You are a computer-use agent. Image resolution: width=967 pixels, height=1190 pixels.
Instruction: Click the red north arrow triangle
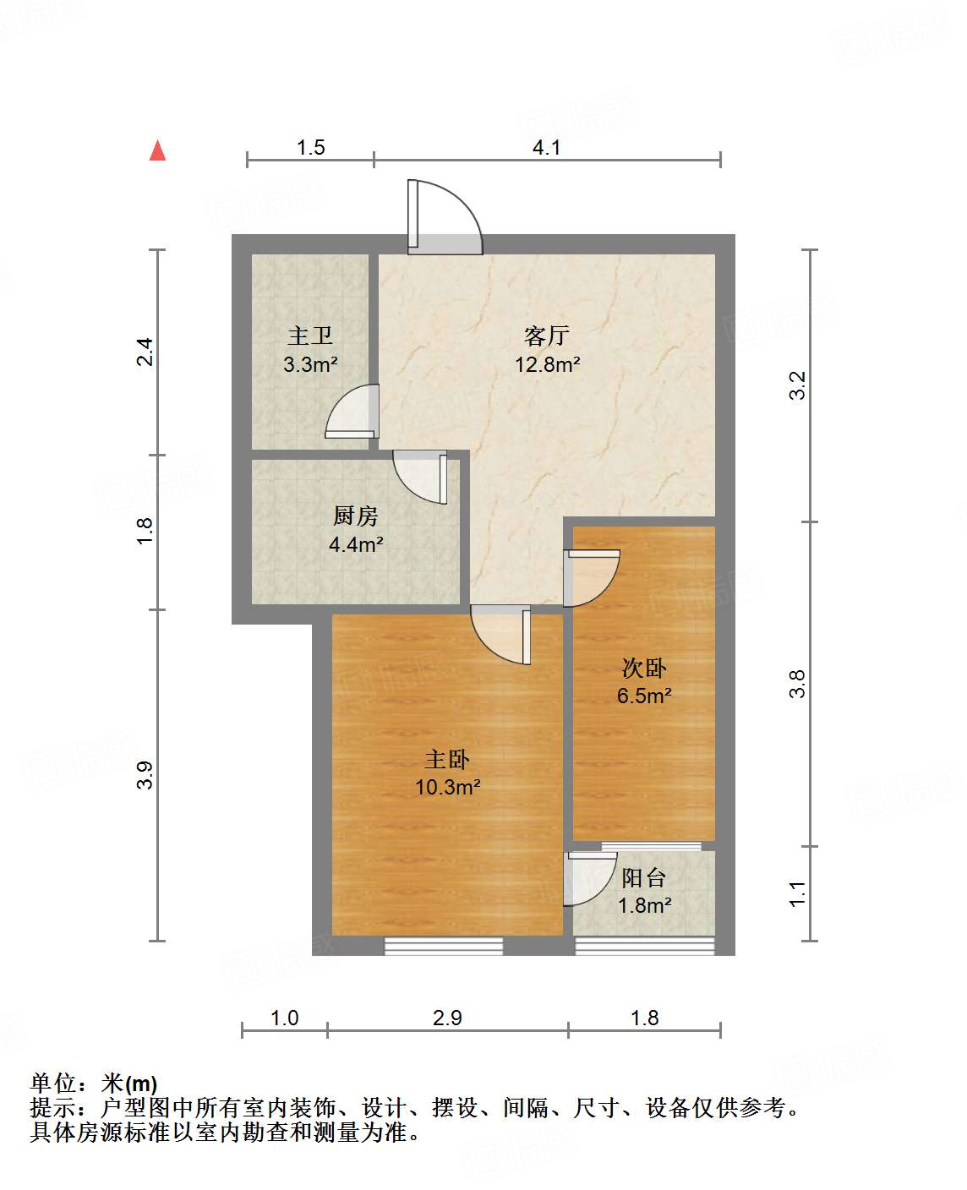coord(157,150)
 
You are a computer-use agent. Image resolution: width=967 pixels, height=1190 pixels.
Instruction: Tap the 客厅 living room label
coord(547,336)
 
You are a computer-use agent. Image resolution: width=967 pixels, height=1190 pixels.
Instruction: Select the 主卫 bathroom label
coord(310,336)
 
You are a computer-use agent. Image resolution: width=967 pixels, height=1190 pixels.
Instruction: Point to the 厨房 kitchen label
coord(356,516)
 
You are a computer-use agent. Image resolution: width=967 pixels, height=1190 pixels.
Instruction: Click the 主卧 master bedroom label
coord(447,760)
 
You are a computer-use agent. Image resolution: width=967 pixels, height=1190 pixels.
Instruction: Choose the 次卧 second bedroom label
coord(644,669)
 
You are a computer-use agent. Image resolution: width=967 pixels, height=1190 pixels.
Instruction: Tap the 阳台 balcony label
coord(644,878)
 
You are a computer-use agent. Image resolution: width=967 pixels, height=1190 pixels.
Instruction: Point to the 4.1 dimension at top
coord(547,148)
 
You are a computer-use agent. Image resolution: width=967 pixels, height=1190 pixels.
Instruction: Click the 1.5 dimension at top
coord(311,148)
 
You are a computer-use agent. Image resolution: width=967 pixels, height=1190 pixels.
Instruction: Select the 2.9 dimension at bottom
coord(447,1018)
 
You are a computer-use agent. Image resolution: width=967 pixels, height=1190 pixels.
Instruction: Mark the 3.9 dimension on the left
coord(145,775)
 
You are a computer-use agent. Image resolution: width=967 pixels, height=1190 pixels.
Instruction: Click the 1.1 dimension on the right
coord(797,893)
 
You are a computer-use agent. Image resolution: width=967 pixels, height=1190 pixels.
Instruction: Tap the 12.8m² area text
coord(548,364)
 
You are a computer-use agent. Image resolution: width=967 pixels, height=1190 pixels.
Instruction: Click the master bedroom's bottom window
coord(444,947)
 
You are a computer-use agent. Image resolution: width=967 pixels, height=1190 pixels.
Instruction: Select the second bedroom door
coord(592,576)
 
